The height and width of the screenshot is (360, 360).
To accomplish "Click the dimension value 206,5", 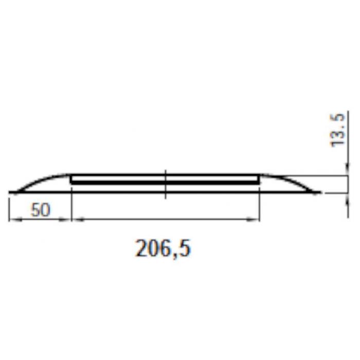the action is tap(163, 249).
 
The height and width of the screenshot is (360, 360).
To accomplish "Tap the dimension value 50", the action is tap(41, 210).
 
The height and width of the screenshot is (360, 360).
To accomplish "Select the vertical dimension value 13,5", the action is tap(338, 130).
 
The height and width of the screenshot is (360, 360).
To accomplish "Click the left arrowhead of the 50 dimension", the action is tap(15, 220).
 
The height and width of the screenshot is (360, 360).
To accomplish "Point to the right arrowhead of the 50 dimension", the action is tap(65, 220).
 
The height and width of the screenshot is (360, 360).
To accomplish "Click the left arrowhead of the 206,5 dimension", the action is tap(79, 220).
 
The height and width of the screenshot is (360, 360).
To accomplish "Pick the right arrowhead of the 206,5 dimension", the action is tap(253, 220).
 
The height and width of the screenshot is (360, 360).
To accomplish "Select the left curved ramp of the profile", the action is tap(41, 179).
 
